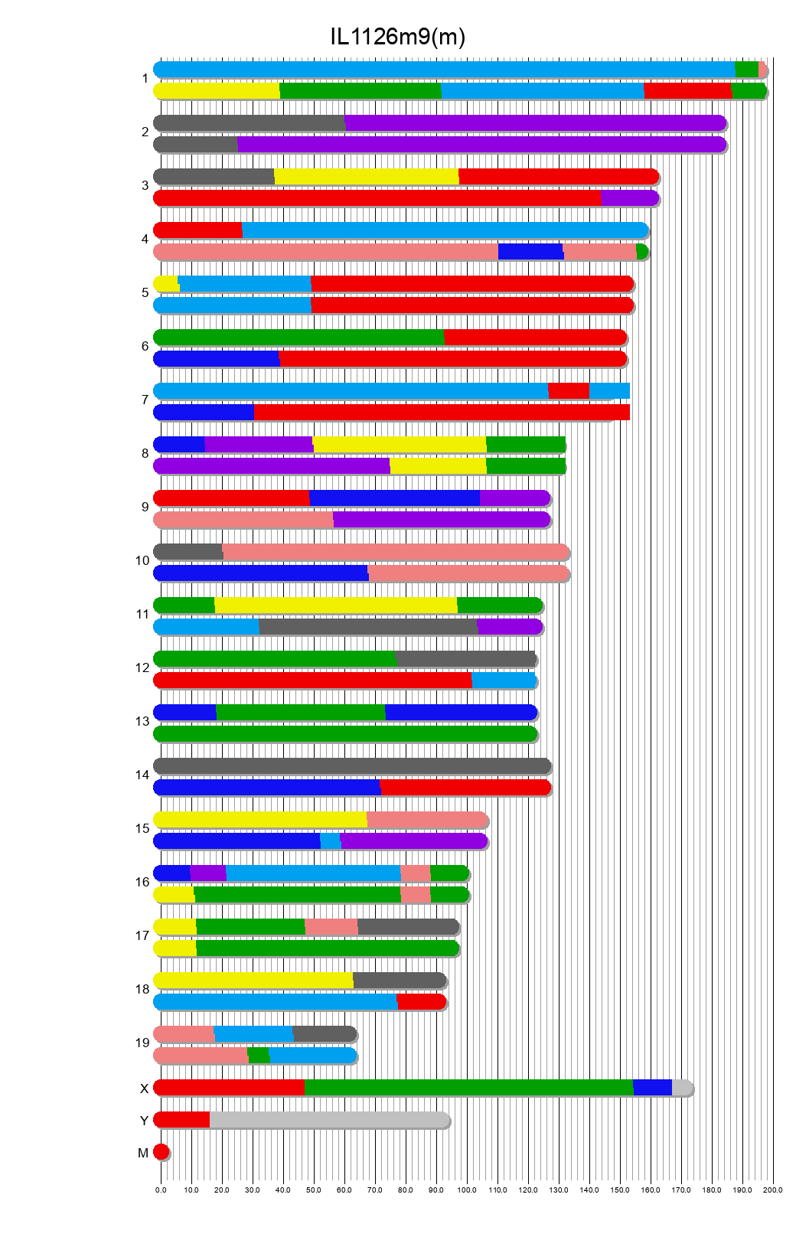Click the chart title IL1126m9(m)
(397, 37)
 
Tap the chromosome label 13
(142, 722)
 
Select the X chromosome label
(144, 1089)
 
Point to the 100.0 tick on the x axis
(467, 1190)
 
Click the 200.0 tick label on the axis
(773, 1190)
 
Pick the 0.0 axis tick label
(161, 1190)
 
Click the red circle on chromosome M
(161, 1152)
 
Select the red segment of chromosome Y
(182, 1120)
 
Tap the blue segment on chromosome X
(652, 1088)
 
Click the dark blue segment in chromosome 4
(530, 252)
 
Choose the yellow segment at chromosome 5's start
(166, 284)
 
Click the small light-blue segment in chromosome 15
(330, 841)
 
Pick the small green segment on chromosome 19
(259, 1056)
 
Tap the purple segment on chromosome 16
(207, 873)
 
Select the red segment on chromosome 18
(420, 1002)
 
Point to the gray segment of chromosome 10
(188, 552)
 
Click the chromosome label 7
(145, 400)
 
